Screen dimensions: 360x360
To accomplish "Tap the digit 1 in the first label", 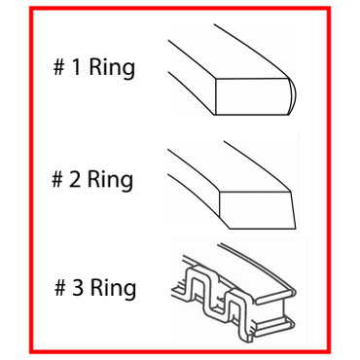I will coord(78,70).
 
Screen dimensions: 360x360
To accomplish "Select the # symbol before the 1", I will coord(60,70).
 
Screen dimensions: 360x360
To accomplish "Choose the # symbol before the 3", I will coord(59,288).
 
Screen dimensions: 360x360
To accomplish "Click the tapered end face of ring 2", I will coord(255,204).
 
